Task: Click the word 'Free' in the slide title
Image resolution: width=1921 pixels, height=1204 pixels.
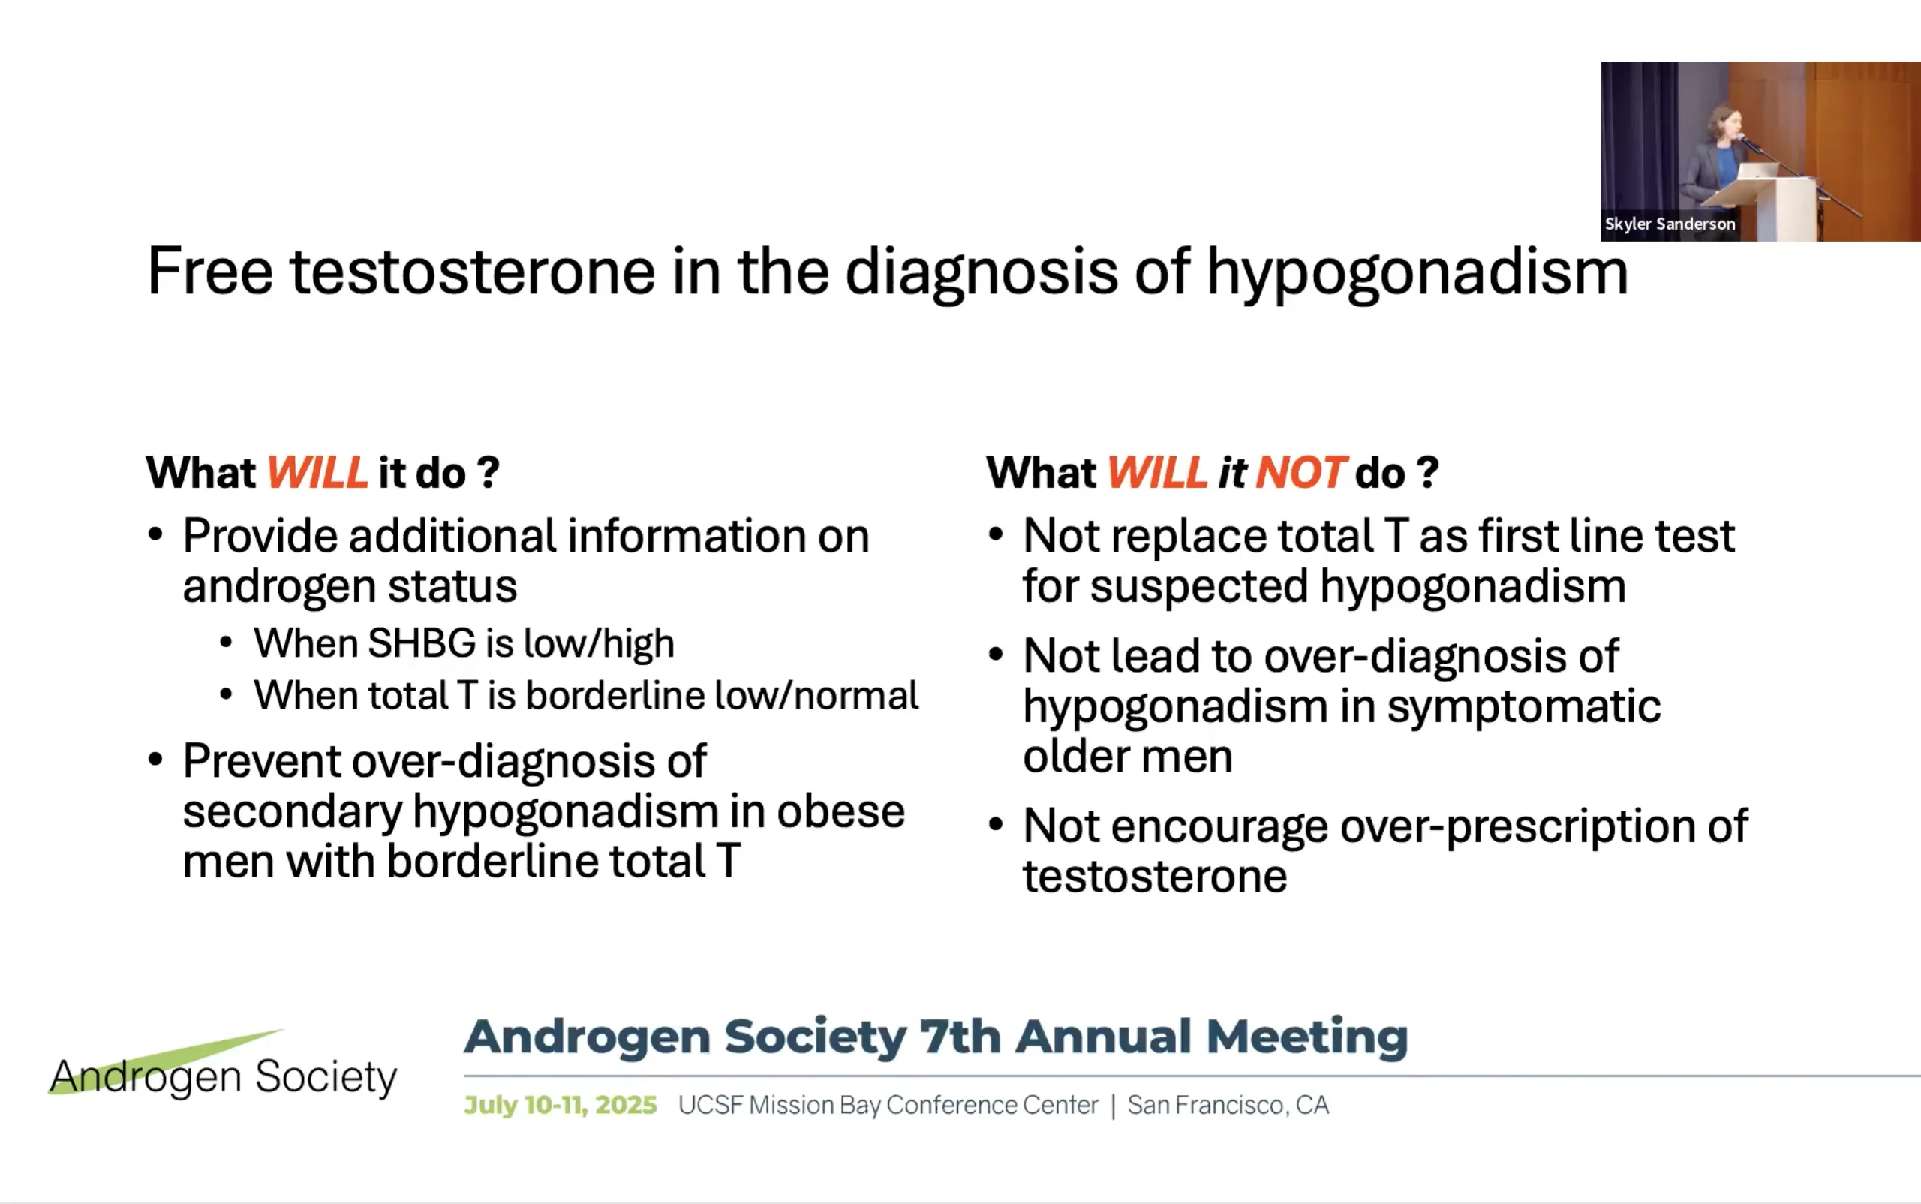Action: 210,272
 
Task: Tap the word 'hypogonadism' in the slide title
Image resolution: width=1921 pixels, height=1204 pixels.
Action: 1417,275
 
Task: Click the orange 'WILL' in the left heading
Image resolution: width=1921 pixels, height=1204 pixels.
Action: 317,473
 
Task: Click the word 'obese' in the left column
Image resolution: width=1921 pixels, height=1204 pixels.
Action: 840,811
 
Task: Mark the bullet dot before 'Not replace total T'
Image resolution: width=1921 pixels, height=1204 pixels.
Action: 995,534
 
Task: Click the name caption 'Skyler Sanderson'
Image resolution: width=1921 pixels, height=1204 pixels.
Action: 1670,224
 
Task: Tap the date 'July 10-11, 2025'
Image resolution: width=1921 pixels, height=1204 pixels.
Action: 561,1105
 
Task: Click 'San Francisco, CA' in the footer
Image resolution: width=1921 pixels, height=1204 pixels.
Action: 1228,1105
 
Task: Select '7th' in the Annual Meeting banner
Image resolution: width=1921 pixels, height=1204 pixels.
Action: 960,1037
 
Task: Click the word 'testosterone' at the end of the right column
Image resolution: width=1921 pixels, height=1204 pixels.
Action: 1155,877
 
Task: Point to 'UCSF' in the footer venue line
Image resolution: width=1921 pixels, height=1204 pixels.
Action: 710,1105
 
